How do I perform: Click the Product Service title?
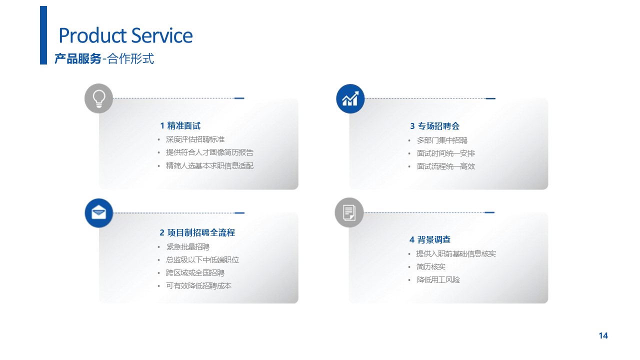125,35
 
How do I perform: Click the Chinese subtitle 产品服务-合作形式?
104,58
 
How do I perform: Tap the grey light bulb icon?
99,98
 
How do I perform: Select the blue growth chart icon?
350,98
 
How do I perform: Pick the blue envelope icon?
99,213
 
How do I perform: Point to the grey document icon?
349,212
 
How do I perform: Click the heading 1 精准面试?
180,125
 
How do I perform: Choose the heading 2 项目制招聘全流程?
197,232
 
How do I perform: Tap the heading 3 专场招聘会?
435,126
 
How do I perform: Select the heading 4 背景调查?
430,239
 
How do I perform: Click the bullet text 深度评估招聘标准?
195,139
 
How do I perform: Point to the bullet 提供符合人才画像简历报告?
209,152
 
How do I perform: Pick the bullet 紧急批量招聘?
187,247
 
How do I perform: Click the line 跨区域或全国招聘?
195,273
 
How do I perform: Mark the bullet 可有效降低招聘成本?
198,285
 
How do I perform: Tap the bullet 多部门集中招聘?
442,140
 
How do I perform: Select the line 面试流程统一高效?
445,166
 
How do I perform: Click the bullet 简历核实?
430,267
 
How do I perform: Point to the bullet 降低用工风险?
438,279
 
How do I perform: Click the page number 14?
603,335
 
